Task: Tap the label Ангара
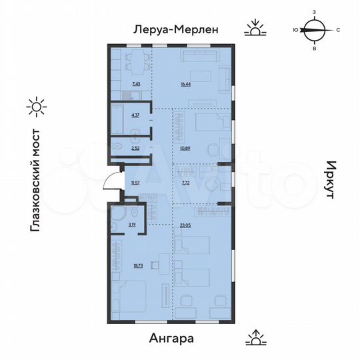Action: point(169,338)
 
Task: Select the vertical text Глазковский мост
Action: point(36,181)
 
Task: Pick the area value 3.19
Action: point(133,225)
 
